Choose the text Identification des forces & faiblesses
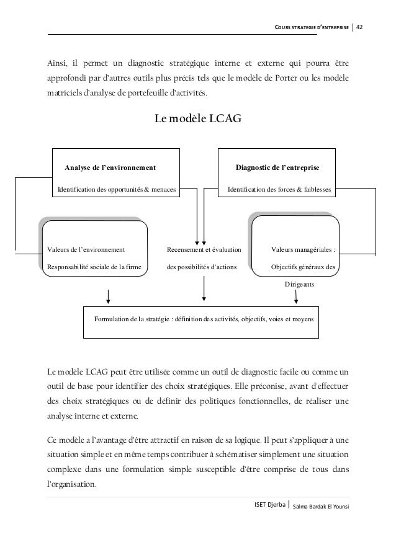279,189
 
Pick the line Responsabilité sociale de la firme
94,269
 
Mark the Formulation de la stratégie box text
204,319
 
